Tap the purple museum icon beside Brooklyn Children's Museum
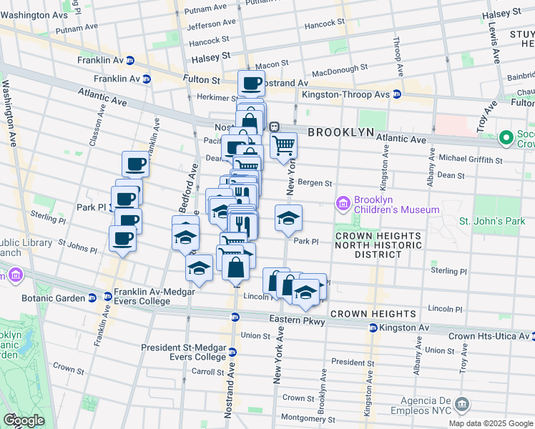[x=343, y=204]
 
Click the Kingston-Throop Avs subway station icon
[x=399, y=94]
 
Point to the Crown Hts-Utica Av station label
[x=488, y=335]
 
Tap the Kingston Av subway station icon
[x=373, y=327]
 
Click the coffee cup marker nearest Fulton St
[x=251, y=84]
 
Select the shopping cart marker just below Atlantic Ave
[x=283, y=145]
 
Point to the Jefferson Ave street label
[x=212, y=25]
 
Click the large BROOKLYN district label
[x=341, y=132]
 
